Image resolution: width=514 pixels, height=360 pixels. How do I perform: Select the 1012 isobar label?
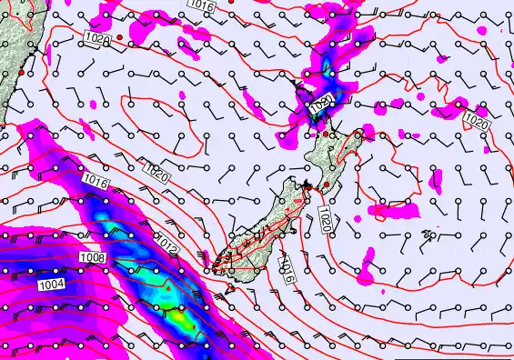pyautogui.click(x=166, y=245)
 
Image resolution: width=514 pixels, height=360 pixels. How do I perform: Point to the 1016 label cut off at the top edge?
pyautogui.click(x=201, y=5)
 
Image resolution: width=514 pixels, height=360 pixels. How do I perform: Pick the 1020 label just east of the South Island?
pyautogui.click(x=325, y=217)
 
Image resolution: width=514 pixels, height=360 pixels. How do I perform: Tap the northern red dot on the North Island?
pyautogui.click(x=326, y=135)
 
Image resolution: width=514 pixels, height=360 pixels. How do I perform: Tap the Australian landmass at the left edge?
pyautogui.click(x=11, y=55)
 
